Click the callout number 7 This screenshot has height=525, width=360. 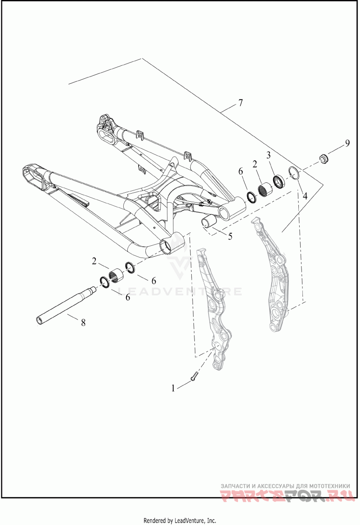(x=241, y=103)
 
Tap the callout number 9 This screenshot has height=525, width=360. (x=347, y=143)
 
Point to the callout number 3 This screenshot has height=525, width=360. (x=268, y=155)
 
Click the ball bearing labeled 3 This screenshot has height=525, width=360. (x=279, y=181)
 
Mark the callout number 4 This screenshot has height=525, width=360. (x=305, y=196)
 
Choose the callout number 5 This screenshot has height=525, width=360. (x=230, y=236)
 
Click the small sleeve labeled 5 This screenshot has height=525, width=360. (x=209, y=222)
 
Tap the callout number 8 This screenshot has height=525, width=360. (x=83, y=322)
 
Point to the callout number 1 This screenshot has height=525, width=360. (x=173, y=389)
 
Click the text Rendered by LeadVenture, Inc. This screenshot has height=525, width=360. (x=180, y=520)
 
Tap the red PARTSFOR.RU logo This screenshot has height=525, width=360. (x=288, y=494)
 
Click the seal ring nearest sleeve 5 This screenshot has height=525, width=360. (x=252, y=197)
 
